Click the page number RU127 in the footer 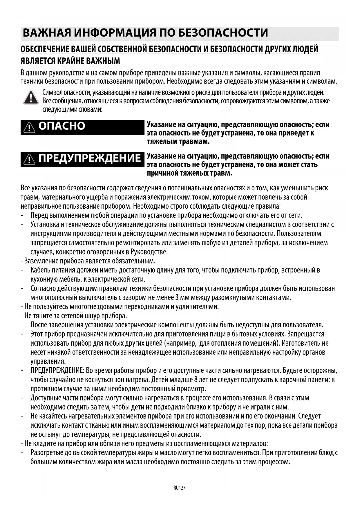coord(179,488)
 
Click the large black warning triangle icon coord(31,97)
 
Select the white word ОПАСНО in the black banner coord(62,126)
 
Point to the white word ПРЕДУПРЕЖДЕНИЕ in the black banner coord(90,158)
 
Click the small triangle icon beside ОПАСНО coord(29,127)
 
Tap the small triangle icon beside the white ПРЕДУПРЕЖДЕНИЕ coord(29,159)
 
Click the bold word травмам coord(192,142)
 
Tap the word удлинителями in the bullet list coord(200,307)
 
